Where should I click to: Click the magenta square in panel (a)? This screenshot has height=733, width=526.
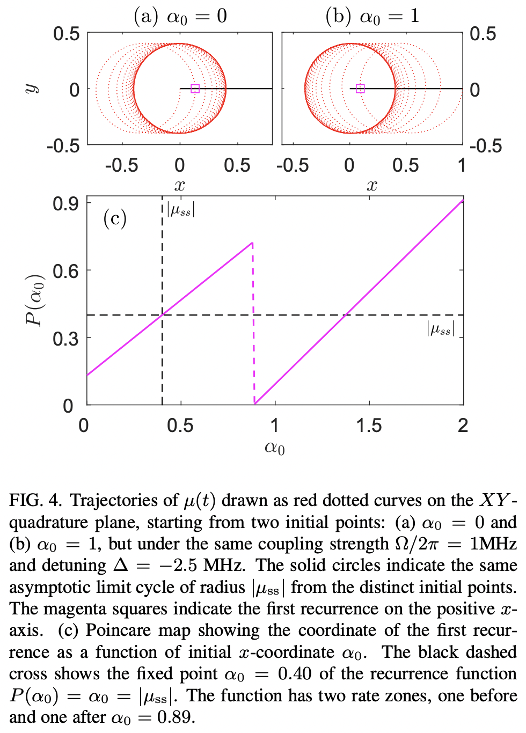click(x=195, y=89)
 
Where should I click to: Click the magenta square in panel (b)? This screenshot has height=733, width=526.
click(x=360, y=89)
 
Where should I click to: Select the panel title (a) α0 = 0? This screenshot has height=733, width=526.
click(x=180, y=16)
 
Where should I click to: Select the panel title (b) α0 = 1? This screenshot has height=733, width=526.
click(x=372, y=16)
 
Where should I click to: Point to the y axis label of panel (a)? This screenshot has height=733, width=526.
click(x=31, y=89)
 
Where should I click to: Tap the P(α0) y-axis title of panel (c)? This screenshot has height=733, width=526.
click(x=35, y=300)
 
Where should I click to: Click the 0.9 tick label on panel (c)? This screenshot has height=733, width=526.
click(x=65, y=204)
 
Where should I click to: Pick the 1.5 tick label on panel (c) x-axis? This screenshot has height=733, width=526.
click(x=369, y=426)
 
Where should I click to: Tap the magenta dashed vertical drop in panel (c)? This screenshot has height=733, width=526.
click(x=253, y=322)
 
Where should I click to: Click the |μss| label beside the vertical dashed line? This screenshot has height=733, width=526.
click(x=181, y=209)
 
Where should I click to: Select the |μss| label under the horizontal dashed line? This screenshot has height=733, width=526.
click(x=441, y=328)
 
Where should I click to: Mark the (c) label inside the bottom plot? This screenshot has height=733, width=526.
click(x=115, y=218)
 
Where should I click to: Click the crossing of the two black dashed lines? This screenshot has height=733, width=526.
click(x=162, y=315)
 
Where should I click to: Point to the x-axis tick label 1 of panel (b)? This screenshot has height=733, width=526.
click(x=461, y=165)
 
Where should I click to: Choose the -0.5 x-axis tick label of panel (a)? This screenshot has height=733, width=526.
click(x=121, y=165)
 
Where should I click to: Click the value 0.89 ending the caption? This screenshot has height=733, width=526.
click(x=175, y=717)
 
